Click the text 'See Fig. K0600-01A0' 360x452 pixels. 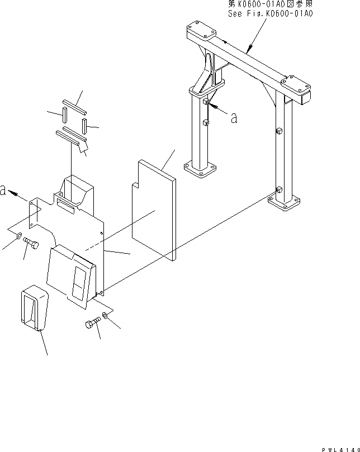(270, 13)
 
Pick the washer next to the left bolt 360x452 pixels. (18, 236)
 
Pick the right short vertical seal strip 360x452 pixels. (84, 123)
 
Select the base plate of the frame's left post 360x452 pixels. (200, 169)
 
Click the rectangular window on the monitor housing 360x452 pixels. (78, 280)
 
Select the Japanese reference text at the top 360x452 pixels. (270, 4)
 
